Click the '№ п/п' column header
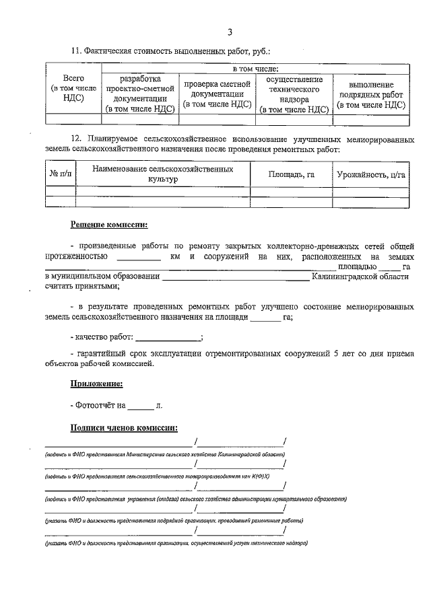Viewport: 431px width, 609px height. click(x=60, y=174)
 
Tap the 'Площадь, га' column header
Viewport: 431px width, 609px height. click(x=292, y=174)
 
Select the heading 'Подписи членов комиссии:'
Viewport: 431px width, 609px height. click(x=124, y=427)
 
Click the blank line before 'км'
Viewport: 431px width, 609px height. click(x=139, y=258)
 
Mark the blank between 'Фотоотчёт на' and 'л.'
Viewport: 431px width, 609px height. click(x=141, y=406)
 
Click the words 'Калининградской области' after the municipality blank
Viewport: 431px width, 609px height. click(x=360, y=277)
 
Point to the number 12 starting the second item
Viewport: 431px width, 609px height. click(x=76, y=137)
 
